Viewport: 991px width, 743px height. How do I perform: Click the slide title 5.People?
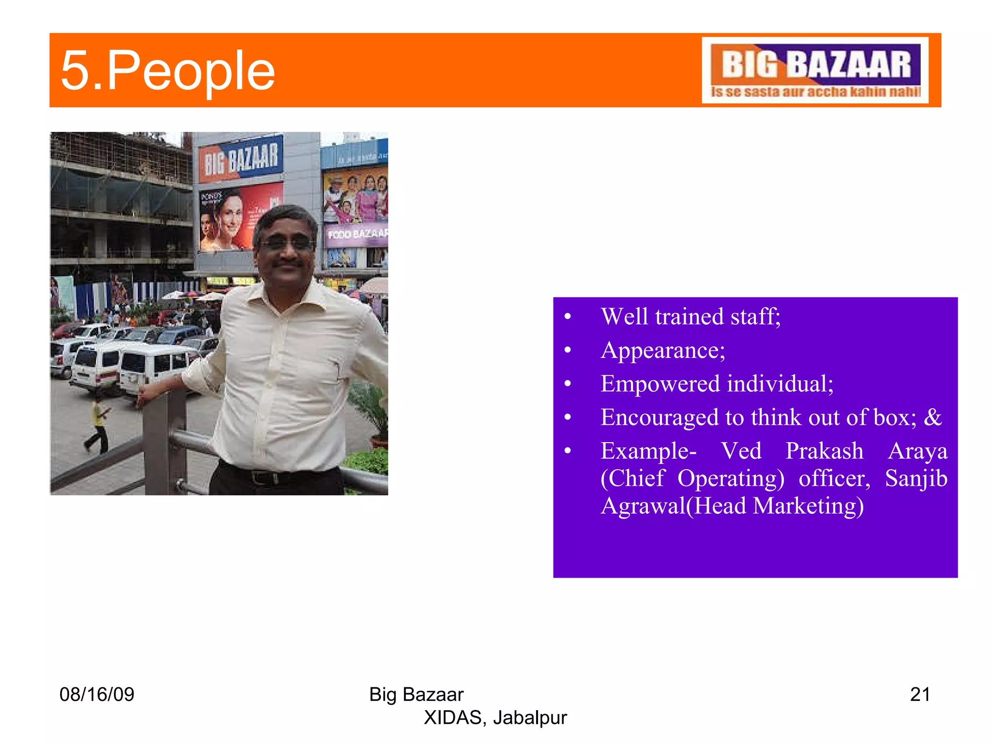pyautogui.click(x=167, y=71)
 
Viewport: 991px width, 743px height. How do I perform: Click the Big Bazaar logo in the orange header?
pyautogui.click(x=815, y=70)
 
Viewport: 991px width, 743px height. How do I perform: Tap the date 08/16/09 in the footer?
pyautogui.click(x=97, y=694)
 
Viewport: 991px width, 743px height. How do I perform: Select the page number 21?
pyautogui.click(x=919, y=694)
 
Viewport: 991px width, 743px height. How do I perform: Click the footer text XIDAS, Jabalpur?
pyautogui.click(x=495, y=717)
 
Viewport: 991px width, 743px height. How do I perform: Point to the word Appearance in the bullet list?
pyautogui.click(x=662, y=350)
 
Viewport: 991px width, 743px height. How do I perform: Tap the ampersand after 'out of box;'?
pyautogui.click(x=933, y=417)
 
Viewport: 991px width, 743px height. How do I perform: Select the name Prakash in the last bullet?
pyautogui.click(x=824, y=451)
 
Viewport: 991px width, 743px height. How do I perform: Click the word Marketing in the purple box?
pyautogui.click(x=808, y=506)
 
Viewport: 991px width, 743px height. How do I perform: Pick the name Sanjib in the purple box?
pyautogui.click(x=916, y=478)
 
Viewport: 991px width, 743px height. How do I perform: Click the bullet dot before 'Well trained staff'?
pyautogui.click(x=568, y=317)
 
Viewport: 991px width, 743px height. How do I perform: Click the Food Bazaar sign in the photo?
pyautogui.click(x=357, y=234)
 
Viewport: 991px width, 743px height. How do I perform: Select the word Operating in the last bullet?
pyautogui.click(x=730, y=478)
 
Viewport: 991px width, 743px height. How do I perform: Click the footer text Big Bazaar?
pyautogui.click(x=416, y=694)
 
